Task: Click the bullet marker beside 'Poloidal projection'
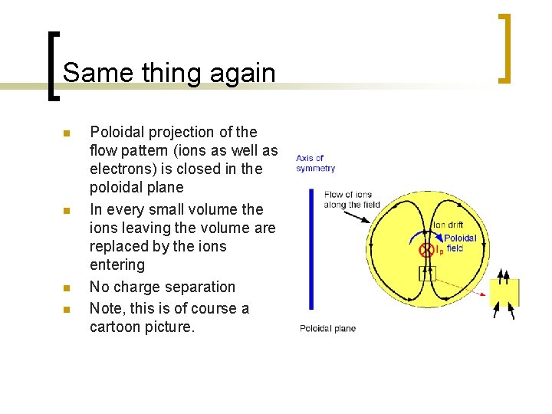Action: click(66, 134)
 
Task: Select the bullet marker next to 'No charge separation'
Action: click(66, 289)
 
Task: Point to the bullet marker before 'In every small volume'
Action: click(66, 211)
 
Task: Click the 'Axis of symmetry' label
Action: click(315, 163)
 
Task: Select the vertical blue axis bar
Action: click(310, 248)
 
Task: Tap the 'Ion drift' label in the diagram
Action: click(448, 225)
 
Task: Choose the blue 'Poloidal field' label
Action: click(460, 243)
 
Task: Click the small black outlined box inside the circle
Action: click(426, 273)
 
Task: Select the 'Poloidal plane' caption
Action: click(327, 329)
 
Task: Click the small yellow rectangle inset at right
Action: click(504, 293)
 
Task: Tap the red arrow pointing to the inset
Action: click(460, 284)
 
